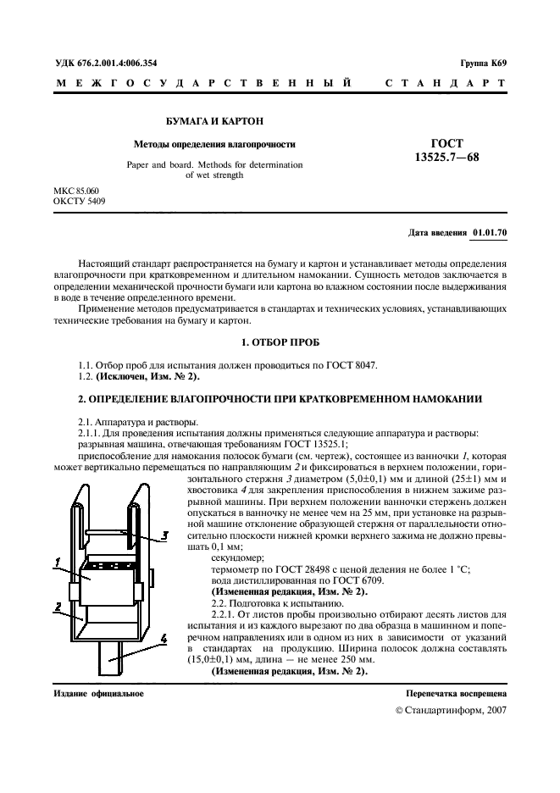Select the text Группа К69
pyautogui.click(x=483, y=63)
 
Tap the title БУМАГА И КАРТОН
pyautogui.click(x=209, y=121)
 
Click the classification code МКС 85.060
pyautogui.click(x=75, y=191)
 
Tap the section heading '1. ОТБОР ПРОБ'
pyautogui.click(x=280, y=343)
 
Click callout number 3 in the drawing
pyautogui.click(x=166, y=535)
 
